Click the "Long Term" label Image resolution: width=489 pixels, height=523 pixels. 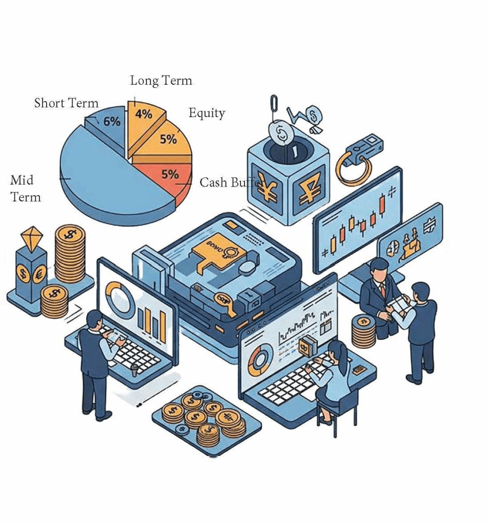click(161, 81)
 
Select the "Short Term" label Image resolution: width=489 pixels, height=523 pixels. click(66, 103)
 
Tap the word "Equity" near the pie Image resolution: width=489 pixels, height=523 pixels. click(207, 113)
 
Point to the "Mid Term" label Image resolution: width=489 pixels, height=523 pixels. click(25, 189)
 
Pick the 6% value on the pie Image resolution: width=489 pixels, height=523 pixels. click(112, 122)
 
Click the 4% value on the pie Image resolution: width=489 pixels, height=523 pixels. click(144, 115)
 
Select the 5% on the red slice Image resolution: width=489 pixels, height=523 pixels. click(170, 174)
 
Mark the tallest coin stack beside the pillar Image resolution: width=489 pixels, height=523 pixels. click(70, 253)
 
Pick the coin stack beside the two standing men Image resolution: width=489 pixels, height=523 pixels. click(364, 331)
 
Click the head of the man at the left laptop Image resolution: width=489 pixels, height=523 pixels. click(95, 320)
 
